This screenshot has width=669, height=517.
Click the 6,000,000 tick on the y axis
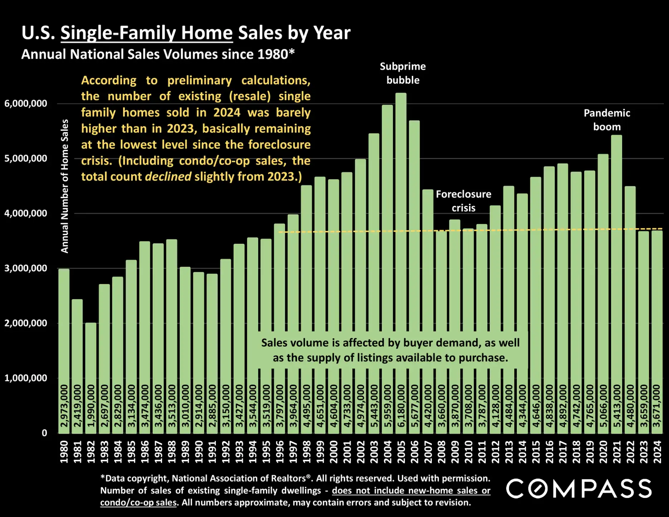(x=26, y=104)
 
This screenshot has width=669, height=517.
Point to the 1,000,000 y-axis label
(x=26, y=378)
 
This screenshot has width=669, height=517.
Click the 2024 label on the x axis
(x=657, y=452)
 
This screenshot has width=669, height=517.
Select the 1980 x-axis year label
(x=64, y=452)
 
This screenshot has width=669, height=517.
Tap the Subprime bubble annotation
(x=403, y=73)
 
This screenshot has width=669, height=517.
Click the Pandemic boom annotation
(x=607, y=120)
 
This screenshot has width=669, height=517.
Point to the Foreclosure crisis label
(x=463, y=201)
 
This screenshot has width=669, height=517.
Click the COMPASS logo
(x=578, y=488)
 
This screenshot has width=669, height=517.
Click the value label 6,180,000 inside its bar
(x=401, y=406)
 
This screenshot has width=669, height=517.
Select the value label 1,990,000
(x=91, y=406)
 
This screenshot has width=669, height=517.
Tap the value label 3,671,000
(x=656, y=406)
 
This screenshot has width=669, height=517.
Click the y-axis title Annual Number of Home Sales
(x=64, y=186)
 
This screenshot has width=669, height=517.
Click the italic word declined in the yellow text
(x=168, y=177)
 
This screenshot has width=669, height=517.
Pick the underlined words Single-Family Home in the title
(x=146, y=33)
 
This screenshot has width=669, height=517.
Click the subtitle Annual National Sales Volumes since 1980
(x=157, y=54)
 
